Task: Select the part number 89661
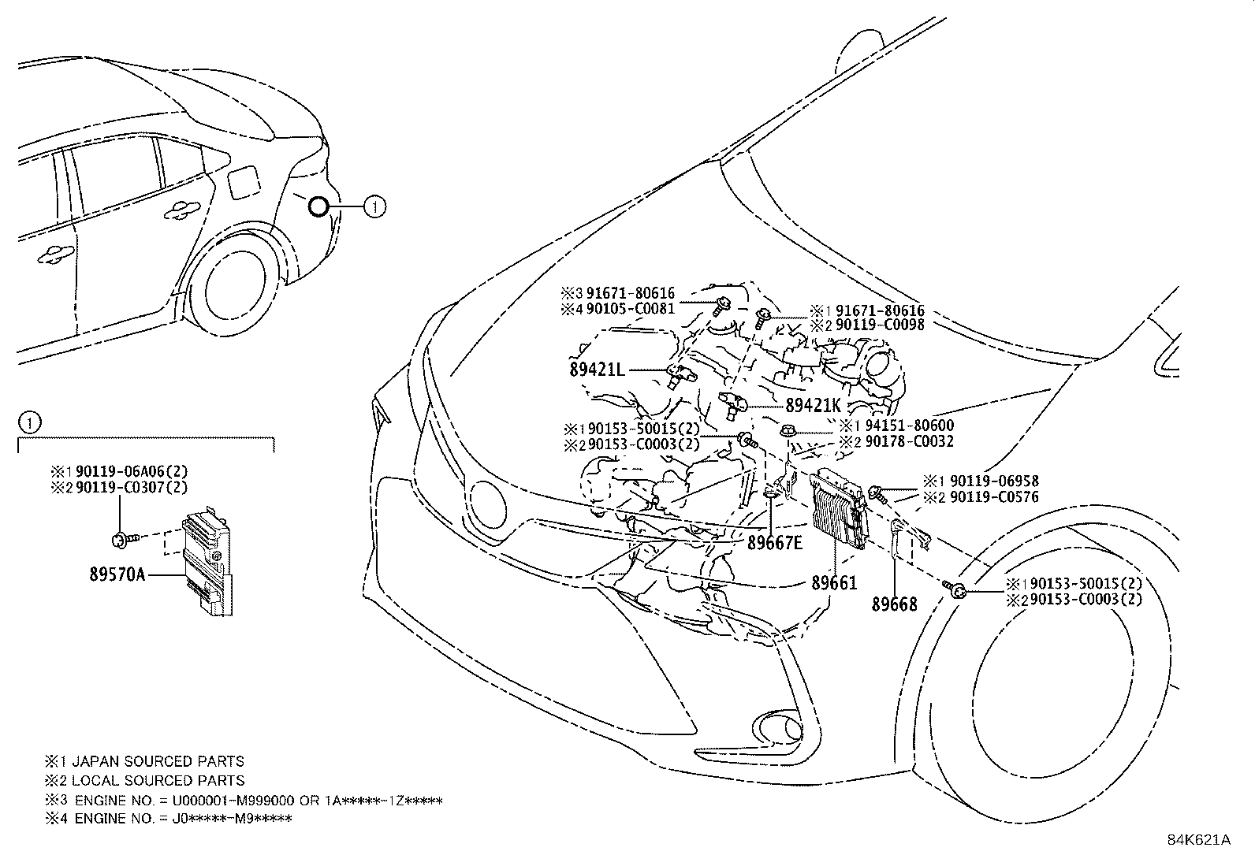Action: click(834, 583)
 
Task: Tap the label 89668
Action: click(894, 604)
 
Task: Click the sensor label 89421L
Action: click(597, 369)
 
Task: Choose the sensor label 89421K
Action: click(814, 406)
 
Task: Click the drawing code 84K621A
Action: click(1198, 839)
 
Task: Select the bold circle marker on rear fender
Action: click(318, 206)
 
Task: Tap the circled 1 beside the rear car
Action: click(375, 206)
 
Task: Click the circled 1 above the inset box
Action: click(28, 423)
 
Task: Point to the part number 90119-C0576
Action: click(994, 496)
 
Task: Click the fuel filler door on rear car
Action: click(242, 183)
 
